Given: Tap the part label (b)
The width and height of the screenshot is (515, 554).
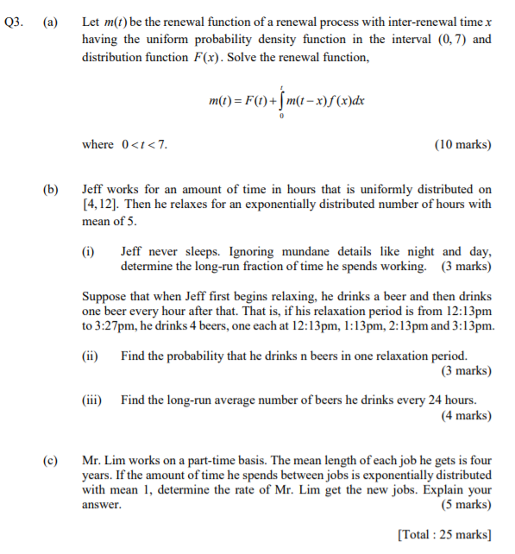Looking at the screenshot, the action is tap(51, 189).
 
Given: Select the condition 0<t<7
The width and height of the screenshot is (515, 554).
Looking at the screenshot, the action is tap(141, 144).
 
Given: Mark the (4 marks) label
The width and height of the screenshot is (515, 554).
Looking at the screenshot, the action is tap(466, 415).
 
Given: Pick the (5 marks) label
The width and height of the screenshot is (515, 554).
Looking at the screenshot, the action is tap(466, 505).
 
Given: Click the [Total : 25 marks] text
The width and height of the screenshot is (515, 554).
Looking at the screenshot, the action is tap(444, 533).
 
